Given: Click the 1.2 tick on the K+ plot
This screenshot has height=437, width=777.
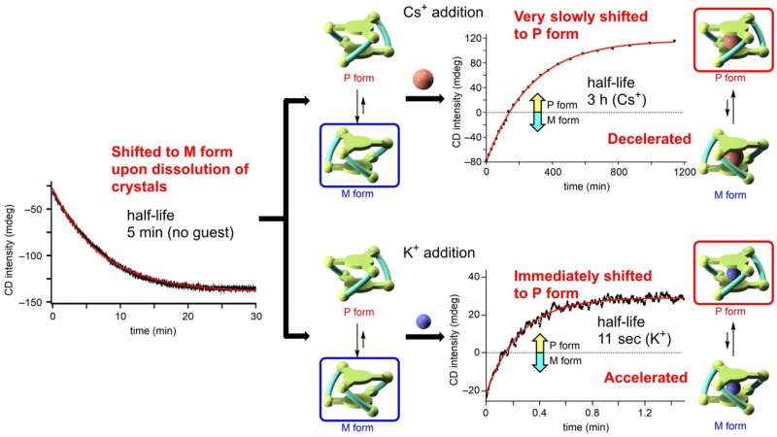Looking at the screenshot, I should pyautogui.click(x=640, y=414).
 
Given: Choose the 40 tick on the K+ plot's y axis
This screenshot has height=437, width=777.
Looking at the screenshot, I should pyautogui.click(x=472, y=277).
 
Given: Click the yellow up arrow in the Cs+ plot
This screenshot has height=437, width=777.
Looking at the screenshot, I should pyautogui.click(x=534, y=101).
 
